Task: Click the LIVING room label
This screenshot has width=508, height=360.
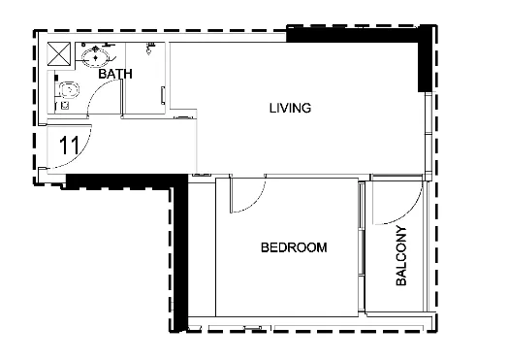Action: pyautogui.click(x=290, y=108)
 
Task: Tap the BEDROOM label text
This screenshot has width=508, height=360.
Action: pyautogui.click(x=294, y=247)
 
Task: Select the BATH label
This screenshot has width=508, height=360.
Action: pyautogui.click(x=115, y=74)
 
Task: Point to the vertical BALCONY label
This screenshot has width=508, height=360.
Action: pyautogui.click(x=401, y=255)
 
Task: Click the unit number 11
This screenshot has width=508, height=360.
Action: pyautogui.click(x=70, y=145)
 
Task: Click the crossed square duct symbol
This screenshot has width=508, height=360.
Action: pyautogui.click(x=58, y=53)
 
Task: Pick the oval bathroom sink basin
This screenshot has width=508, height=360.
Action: pyautogui.click(x=95, y=57)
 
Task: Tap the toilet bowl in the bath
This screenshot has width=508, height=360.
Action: pyautogui.click(x=69, y=90)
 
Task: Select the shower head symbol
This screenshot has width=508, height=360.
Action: pyautogui.click(x=149, y=48)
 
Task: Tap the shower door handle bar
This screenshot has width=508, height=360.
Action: pyautogui.click(x=163, y=95)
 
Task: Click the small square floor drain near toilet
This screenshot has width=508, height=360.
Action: pyautogui.click(x=65, y=106)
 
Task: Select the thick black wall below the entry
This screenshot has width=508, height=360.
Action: pyautogui.click(x=126, y=181)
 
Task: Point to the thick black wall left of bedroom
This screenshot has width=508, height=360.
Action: pyautogui.click(x=180, y=253)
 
